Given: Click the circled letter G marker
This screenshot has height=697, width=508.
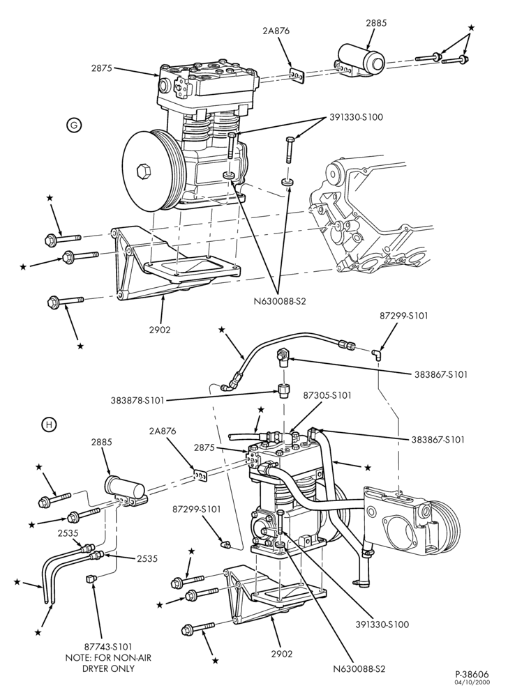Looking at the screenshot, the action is [x=74, y=125].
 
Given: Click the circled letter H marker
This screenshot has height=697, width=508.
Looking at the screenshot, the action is [x=49, y=425].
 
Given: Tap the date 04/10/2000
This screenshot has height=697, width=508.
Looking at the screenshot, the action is [x=472, y=682].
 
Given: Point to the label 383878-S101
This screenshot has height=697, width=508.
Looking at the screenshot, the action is [x=137, y=400].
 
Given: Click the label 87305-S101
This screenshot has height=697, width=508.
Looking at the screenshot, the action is [x=327, y=395].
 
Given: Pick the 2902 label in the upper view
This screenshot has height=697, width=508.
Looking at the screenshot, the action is [x=160, y=330].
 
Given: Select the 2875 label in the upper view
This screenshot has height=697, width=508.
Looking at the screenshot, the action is [x=102, y=68].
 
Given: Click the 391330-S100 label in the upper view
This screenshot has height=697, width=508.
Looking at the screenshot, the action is [x=357, y=117].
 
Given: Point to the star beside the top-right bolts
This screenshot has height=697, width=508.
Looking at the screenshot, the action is [x=472, y=28].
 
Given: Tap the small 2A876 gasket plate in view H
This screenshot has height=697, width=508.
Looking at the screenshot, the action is [x=200, y=476].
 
